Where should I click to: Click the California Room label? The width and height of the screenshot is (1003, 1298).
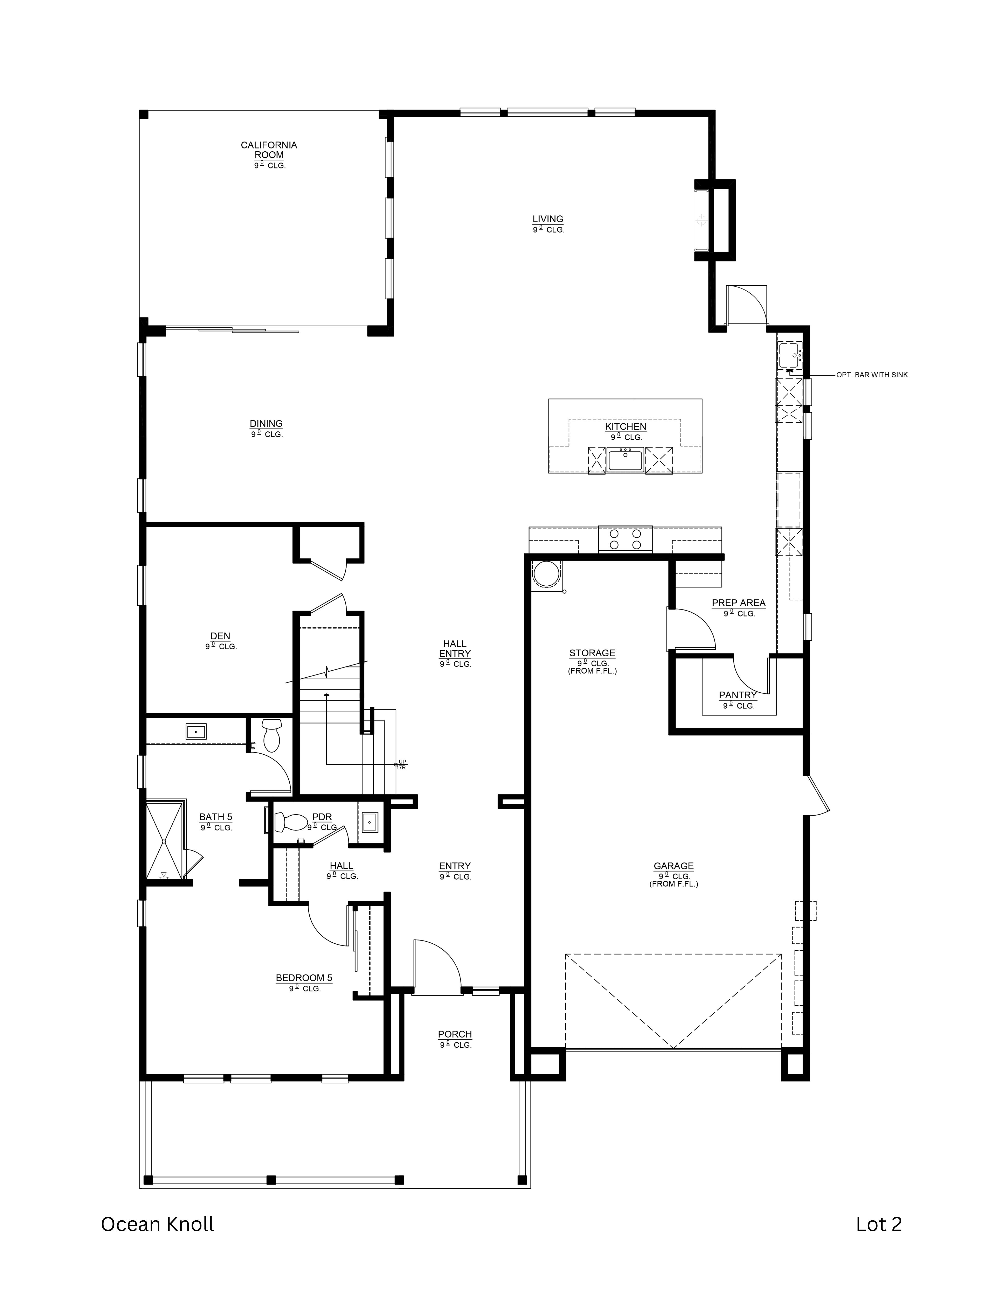[269, 150]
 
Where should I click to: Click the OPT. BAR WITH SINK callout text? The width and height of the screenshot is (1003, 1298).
[872, 375]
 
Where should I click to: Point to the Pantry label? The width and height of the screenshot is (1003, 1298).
[737, 695]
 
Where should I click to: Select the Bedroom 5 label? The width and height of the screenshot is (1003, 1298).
[304, 978]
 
